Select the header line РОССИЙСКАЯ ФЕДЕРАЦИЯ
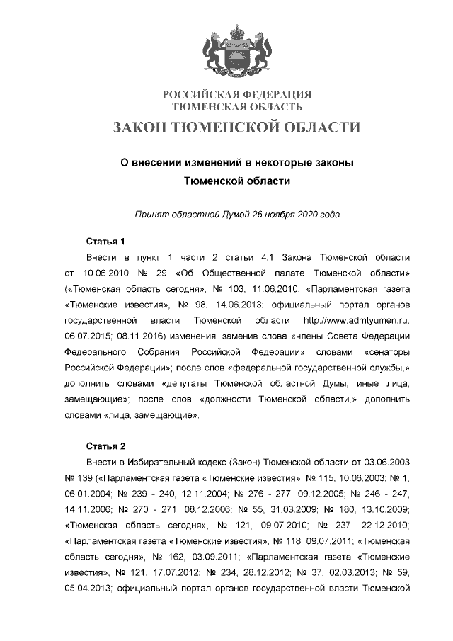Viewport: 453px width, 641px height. (x=237, y=95)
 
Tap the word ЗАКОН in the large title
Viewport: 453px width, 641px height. (x=146, y=127)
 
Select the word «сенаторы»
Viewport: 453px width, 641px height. (x=386, y=353)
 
